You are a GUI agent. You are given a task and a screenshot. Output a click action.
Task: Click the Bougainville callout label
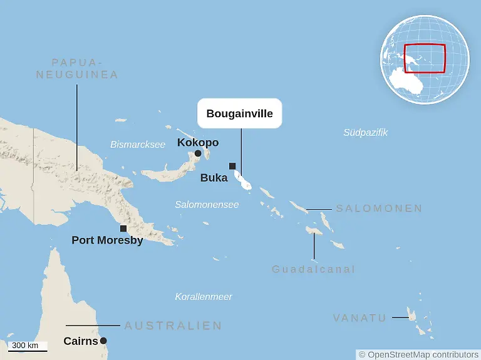(x=240, y=114)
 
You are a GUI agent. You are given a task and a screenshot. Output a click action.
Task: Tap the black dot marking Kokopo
(x=198, y=153)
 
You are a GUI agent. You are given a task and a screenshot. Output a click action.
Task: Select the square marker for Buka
(x=232, y=166)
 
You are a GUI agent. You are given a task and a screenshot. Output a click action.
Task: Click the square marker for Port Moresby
(x=123, y=229)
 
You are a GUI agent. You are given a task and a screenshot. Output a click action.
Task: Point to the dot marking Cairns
(x=103, y=341)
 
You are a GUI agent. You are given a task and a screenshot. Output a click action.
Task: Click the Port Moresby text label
(x=107, y=240)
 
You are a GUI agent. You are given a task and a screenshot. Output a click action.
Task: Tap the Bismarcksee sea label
(x=138, y=145)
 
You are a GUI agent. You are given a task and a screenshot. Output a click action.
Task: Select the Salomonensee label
(x=207, y=205)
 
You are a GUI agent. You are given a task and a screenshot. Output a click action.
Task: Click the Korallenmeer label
(x=204, y=297)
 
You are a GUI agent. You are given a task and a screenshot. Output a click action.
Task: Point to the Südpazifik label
(x=365, y=133)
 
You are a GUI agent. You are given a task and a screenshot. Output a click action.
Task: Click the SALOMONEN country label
(x=379, y=208)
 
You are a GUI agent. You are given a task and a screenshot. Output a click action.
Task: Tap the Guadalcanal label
(x=313, y=269)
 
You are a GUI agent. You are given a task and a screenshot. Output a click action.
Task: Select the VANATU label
(x=359, y=318)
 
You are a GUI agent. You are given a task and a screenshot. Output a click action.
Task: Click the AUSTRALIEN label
(x=173, y=326)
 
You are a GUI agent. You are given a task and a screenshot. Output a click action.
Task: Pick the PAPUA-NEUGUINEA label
(x=77, y=68)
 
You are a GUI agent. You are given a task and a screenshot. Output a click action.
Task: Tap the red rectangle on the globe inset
(x=425, y=59)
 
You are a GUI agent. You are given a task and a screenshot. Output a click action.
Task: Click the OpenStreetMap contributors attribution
(x=418, y=354)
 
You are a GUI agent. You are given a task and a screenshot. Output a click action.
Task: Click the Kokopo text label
(x=198, y=142)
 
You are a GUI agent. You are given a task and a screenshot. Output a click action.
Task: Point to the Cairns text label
(x=81, y=341)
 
